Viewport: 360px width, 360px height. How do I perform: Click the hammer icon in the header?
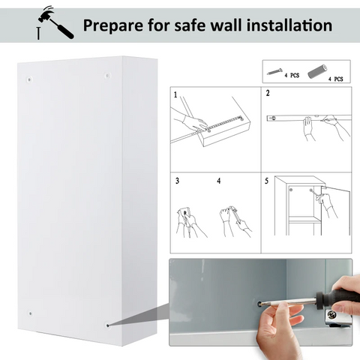click(55, 24)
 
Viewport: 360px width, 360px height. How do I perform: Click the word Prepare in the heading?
click(113, 26)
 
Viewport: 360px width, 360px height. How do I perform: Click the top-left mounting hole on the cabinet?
click(29, 79)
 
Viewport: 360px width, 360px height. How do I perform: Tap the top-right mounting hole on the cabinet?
click(107, 75)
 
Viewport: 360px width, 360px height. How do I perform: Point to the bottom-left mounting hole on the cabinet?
click(30, 313)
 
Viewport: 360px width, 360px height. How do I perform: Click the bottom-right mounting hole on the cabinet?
click(108, 325)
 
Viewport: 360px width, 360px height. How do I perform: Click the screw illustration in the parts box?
click(274, 72)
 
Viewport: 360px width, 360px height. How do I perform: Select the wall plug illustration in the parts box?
click(317, 71)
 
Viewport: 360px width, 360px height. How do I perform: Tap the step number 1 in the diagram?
click(175, 95)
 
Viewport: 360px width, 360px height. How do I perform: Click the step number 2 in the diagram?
click(268, 93)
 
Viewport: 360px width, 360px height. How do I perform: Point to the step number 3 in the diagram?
click(177, 181)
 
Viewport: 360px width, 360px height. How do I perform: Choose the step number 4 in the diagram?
click(219, 181)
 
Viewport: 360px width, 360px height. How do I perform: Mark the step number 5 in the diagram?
click(267, 181)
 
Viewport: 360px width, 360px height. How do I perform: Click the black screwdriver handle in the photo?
click(337, 297)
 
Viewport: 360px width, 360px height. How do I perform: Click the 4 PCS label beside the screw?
click(292, 75)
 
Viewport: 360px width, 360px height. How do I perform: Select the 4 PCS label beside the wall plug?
click(335, 79)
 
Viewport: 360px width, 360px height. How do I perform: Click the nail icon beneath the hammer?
click(38, 34)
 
